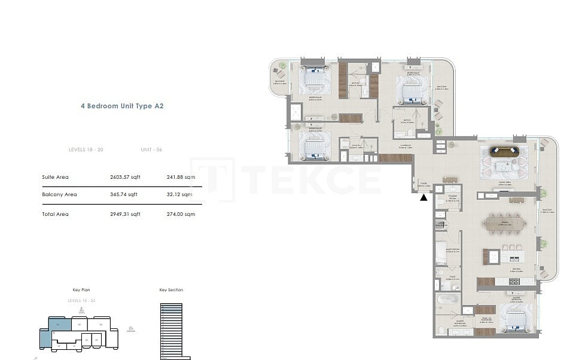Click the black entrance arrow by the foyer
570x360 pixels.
click(423, 197)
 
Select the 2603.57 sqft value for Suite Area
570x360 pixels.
click(125, 177)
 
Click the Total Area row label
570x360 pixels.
click(55, 214)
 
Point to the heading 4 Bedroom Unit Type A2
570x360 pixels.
click(122, 106)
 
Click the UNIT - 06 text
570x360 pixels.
click(151, 150)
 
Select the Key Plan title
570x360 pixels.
click(81, 290)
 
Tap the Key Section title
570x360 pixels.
click(171, 290)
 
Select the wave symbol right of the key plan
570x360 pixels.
click(131, 329)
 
